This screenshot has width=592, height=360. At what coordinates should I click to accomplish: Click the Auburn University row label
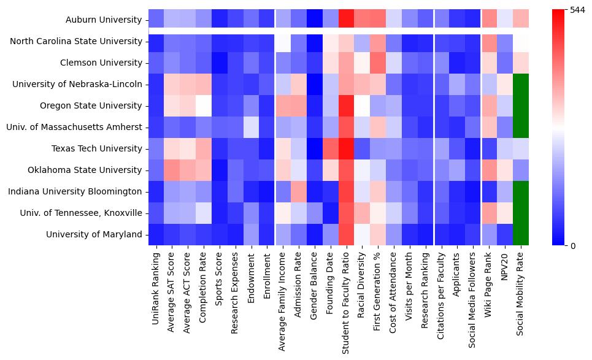104,20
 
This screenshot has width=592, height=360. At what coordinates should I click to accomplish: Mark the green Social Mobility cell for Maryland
521,234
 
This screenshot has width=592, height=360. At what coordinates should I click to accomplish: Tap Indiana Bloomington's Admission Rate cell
299,191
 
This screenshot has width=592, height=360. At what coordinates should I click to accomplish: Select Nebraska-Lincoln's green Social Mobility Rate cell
521,84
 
